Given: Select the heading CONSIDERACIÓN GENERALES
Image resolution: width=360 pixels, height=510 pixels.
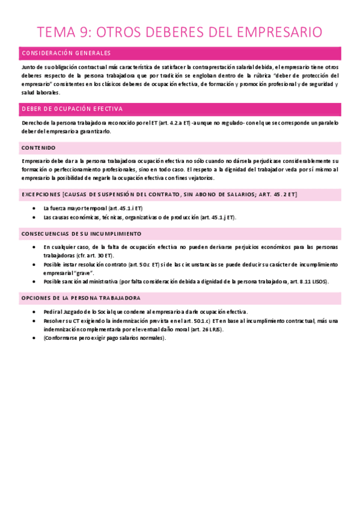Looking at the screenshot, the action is pyautogui.click(x=66, y=54).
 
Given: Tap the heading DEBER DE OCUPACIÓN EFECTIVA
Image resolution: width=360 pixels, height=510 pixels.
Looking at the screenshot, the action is pyautogui.click(x=72, y=109).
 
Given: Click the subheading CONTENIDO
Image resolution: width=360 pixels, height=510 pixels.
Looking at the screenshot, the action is pyautogui.click(x=38, y=148).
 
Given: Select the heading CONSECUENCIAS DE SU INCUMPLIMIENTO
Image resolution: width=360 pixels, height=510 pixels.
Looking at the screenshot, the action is pyautogui.click(x=81, y=233).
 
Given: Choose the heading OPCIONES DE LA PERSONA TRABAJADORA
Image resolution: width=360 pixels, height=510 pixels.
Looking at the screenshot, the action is pyautogui.click(x=81, y=298).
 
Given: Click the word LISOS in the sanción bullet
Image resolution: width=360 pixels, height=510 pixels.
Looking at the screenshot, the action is pyautogui.click(x=319, y=281).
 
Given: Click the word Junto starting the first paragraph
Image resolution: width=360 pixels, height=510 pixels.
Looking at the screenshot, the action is pyautogui.click(x=28, y=67).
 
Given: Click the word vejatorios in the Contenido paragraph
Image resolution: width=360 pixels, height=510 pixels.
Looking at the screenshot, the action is pyautogui.click(x=209, y=179).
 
